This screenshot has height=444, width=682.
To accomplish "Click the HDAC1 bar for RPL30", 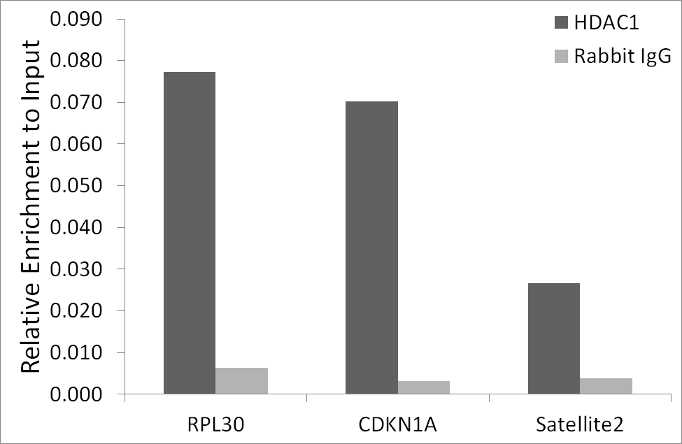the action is tap(189, 233).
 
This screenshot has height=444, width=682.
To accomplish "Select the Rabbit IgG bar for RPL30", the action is tap(241, 381).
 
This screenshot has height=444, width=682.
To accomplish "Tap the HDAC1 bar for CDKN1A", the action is tap(371, 248).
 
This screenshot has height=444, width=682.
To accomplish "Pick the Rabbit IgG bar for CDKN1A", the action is tap(424, 387).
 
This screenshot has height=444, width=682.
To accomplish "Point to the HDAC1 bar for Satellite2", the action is tap(554, 338).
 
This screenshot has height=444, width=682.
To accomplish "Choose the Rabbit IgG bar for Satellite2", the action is tap(606, 386).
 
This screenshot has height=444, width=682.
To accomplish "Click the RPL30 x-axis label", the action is tap(215, 425).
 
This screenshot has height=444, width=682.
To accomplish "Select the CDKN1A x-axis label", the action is tap(397, 425).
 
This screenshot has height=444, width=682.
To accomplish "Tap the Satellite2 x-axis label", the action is tap(580, 424).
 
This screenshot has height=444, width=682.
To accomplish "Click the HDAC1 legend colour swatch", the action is tap(562, 22).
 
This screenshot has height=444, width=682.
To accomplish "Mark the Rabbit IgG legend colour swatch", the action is tap(562, 56).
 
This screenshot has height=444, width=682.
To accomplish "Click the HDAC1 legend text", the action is tap(606, 22).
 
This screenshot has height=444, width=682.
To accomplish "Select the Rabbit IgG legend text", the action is tap(623, 57).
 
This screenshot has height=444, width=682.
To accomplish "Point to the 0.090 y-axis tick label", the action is tap(76, 19).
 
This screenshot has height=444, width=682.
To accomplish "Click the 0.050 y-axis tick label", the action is tap(76, 186).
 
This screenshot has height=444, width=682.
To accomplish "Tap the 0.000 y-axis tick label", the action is tap(76, 394).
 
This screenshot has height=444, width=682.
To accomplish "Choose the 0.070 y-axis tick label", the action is tap(76, 103).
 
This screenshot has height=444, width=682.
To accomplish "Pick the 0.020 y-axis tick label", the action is tap(76, 310).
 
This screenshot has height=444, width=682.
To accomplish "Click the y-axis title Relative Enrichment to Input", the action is tap(31, 206).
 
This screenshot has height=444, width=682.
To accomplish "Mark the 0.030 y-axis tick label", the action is tap(76, 269).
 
